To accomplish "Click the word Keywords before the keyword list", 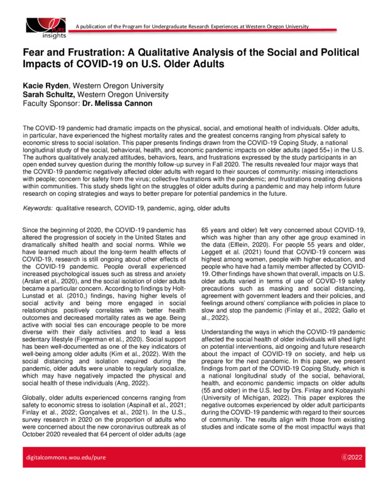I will (x=38, y=206).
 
